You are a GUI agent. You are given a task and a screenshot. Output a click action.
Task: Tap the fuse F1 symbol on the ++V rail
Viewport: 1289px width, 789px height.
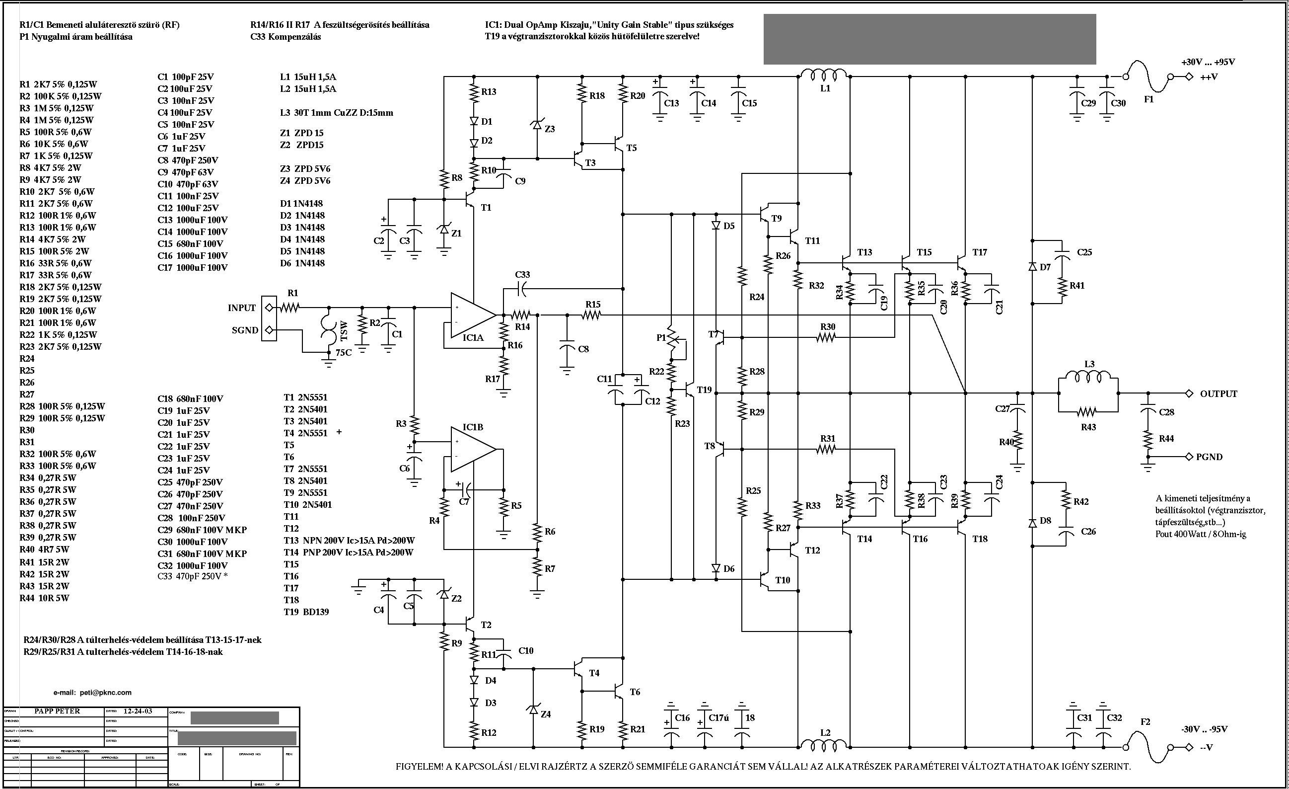tap(1148, 77)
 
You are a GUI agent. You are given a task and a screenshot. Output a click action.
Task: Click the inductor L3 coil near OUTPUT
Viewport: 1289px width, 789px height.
tap(1088, 377)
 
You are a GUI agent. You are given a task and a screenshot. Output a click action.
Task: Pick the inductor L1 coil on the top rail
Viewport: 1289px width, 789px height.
tap(825, 76)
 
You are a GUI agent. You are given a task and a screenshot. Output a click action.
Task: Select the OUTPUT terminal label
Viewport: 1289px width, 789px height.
tap(1218, 394)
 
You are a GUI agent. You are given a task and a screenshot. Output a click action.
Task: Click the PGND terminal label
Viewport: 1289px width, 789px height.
tap(1209, 457)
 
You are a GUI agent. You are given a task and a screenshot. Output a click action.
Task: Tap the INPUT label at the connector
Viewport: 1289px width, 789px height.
tap(241, 308)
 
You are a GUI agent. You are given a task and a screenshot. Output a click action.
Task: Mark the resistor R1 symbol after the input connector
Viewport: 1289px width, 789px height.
tap(289, 308)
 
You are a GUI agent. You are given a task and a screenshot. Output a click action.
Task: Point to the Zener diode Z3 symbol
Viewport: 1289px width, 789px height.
tap(537, 126)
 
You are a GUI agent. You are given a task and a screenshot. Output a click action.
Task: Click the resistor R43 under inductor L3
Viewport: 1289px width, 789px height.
tap(1087, 411)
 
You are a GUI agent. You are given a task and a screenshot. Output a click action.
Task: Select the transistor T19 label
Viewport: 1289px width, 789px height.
tap(704, 390)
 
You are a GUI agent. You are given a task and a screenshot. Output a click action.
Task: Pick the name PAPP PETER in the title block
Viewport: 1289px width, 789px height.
tap(58, 711)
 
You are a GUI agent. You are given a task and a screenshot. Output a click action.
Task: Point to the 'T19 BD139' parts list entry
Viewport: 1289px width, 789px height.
tap(306, 612)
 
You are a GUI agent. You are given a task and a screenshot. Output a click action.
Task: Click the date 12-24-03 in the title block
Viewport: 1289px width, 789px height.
tap(138, 711)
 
